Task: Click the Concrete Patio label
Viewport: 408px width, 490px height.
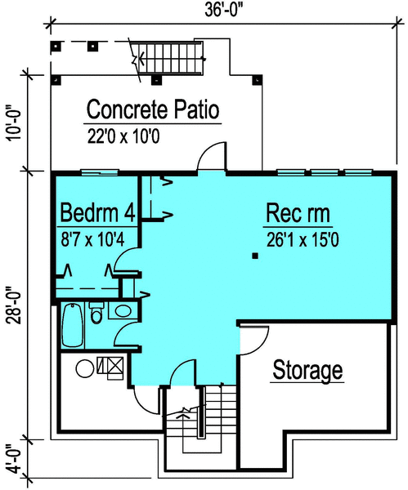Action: [x=153, y=109]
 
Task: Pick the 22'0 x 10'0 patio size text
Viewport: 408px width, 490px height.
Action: [x=123, y=136]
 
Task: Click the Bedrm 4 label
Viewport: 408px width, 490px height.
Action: [x=97, y=215]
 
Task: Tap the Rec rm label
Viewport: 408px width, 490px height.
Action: [x=298, y=215]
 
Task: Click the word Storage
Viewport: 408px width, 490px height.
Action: [x=307, y=371]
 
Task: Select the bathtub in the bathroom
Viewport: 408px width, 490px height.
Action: [x=71, y=326]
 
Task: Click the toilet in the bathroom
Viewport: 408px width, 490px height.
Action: [x=96, y=314]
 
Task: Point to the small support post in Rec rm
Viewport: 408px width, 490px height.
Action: [x=256, y=256]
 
